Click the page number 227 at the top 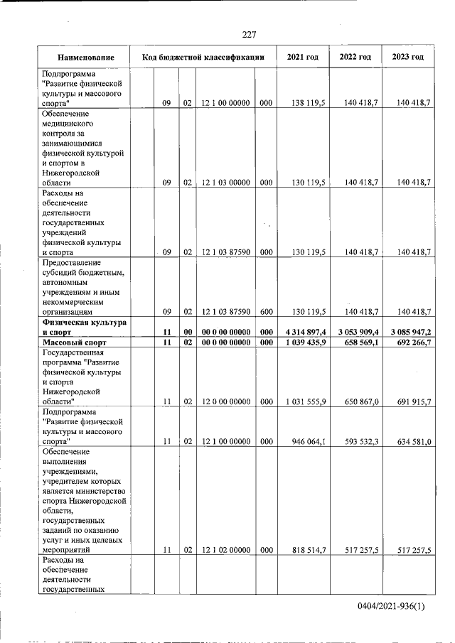(x=248, y=35)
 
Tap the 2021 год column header (x=303, y=57)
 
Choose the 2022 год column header (x=355, y=57)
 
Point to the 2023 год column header (x=407, y=57)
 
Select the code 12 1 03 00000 (x=225, y=183)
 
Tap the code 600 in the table (x=266, y=311)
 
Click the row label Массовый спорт (x=75, y=342)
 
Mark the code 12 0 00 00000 (x=225, y=402)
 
